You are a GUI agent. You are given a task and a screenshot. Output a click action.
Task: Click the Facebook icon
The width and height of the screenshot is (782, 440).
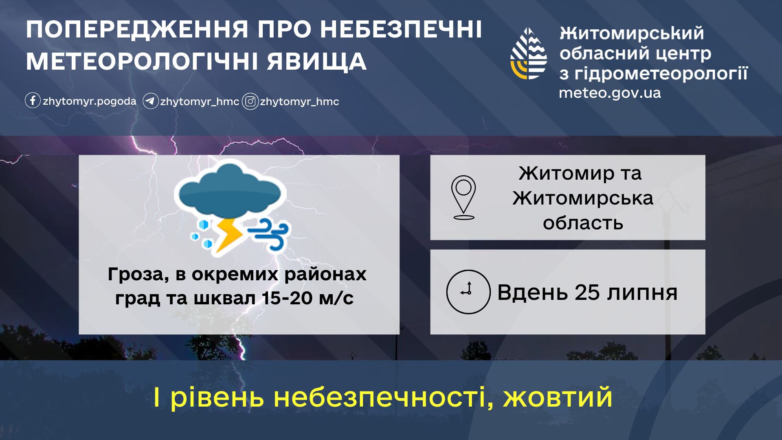(33, 100)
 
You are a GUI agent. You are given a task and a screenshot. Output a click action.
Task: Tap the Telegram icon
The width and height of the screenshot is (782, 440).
(150, 101)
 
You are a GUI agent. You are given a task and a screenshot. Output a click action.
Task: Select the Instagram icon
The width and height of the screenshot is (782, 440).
(250, 101)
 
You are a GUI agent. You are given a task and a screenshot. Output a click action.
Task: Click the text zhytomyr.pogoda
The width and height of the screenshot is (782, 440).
(89, 101)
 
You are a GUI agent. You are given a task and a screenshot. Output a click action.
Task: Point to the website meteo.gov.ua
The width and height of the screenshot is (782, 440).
(610, 93)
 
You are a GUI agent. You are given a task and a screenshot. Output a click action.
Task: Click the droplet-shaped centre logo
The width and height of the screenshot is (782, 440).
(529, 53)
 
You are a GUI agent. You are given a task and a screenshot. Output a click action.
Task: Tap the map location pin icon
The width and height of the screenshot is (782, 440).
(463, 198)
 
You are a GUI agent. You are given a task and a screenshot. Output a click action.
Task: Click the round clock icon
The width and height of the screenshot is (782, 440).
(468, 292)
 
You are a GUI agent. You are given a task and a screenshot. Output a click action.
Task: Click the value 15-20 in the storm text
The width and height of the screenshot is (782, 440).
(287, 298)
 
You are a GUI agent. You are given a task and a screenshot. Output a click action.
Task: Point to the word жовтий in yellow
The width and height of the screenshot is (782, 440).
(558, 397)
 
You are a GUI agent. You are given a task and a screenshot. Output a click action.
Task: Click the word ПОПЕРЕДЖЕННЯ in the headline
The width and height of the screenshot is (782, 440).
(137, 29)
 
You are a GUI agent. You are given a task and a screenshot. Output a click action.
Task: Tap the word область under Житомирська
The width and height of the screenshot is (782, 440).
(583, 223)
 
